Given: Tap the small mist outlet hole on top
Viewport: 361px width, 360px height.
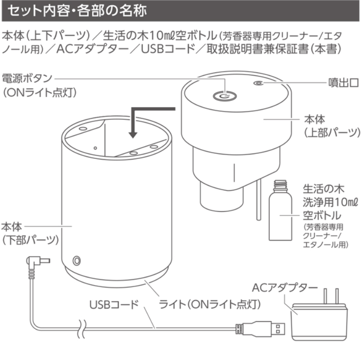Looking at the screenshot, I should [x=257, y=83].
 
